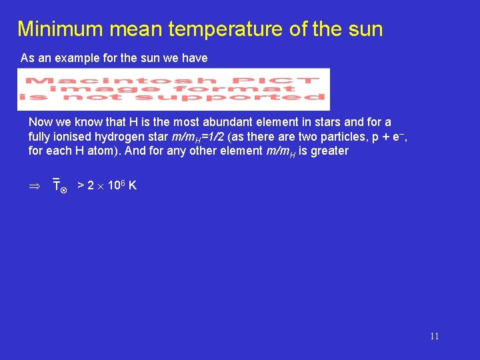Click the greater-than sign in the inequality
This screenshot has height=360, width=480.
tap(81, 185)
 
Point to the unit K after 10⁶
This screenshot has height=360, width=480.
tap(133, 185)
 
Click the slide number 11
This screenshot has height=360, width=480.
tap(434, 337)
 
